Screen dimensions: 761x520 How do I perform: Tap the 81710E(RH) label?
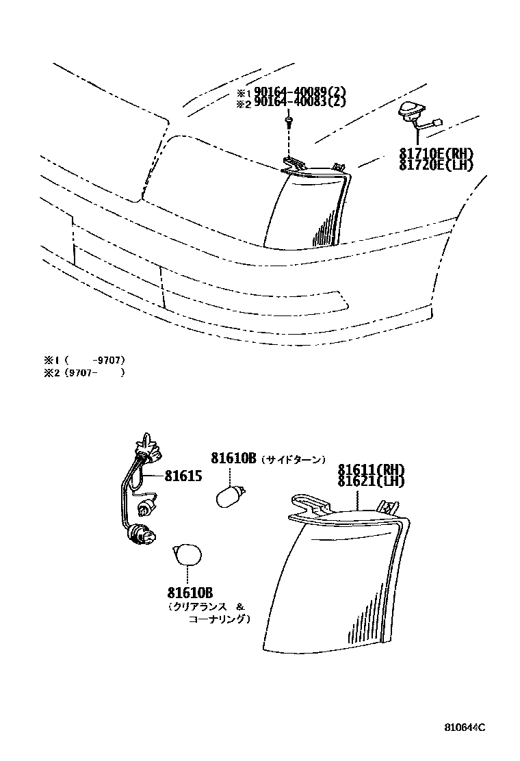[x=436, y=153]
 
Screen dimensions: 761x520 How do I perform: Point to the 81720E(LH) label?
[x=436, y=164]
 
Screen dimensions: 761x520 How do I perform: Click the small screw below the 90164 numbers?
[x=289, y=122]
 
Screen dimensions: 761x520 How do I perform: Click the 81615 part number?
[x=183, y=475]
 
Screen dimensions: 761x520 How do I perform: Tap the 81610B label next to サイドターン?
[x=233, y=459]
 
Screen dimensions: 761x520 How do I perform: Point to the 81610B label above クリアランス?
[x=189, y=591]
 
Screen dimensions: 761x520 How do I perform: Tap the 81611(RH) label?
[x=371, y=469]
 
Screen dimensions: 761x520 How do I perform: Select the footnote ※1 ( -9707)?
[x=84, y=360]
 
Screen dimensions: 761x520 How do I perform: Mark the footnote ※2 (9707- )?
[x=84, y=373]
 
